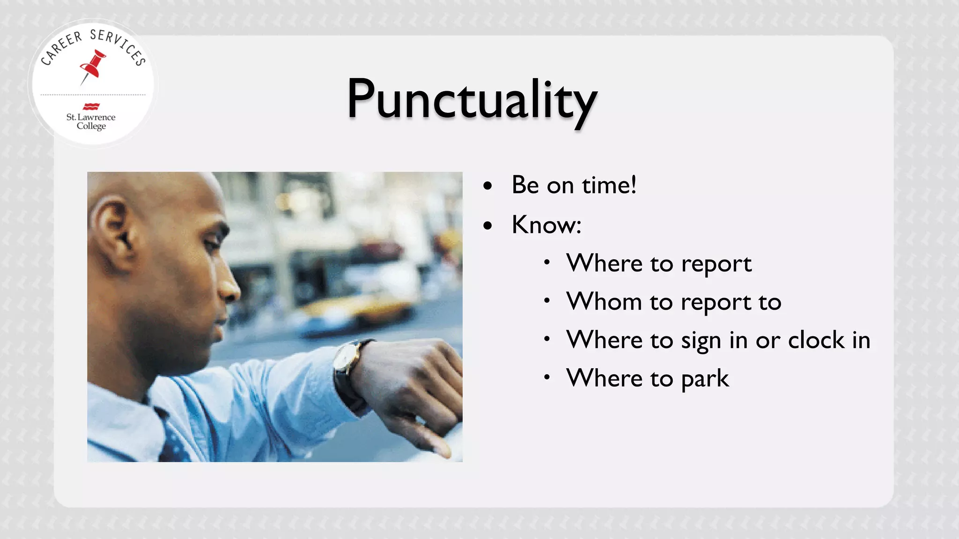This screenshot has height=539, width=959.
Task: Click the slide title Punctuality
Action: [472, 99]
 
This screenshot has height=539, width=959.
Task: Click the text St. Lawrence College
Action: [91, 121]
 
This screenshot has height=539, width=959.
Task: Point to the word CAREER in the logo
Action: [61, 48]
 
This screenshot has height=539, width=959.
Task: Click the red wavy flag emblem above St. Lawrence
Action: [91, 106]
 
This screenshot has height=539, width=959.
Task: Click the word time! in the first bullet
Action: [609, 185]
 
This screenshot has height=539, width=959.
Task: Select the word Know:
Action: [546, 225]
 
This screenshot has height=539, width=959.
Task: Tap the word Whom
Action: [604, 301]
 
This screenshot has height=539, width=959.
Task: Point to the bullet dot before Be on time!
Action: [488, 186]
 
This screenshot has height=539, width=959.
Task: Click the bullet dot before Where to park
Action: [546, 377]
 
